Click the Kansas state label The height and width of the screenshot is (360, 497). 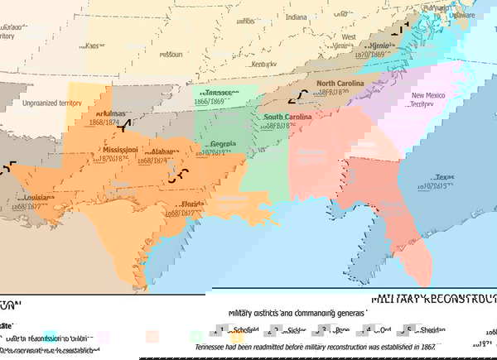pos(94,45)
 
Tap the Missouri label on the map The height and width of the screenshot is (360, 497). pos(171,55)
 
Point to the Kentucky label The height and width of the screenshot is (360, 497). pos(264,63)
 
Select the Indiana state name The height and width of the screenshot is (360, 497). pos(296,17)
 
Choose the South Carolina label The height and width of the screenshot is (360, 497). pos(287,118)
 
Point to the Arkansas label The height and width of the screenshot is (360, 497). pos(110,113)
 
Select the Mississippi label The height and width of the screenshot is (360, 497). pos(120,150)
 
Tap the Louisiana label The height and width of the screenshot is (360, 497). pos(39,199)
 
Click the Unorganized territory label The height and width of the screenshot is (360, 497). pos(52,103)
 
